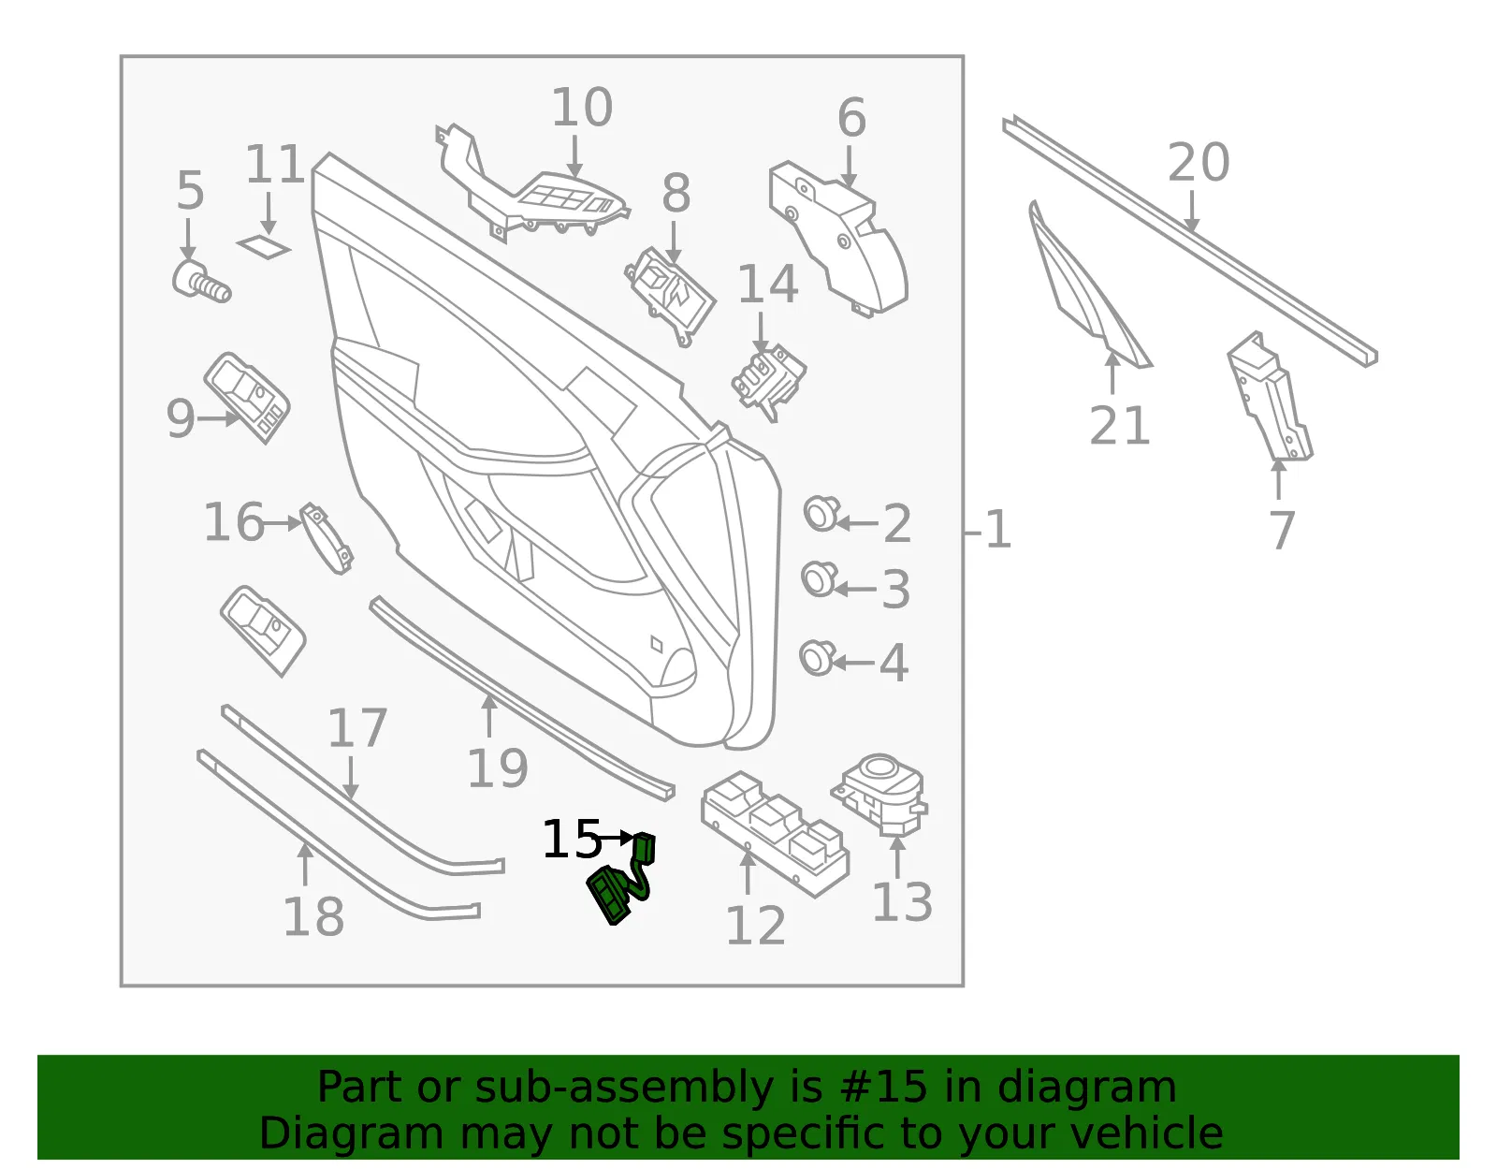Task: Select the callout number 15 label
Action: pos(572,840)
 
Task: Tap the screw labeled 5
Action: pos(201,282)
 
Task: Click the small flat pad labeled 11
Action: pos(264,246)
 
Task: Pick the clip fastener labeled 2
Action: pos(821,513)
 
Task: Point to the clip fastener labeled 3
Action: pos(819,578)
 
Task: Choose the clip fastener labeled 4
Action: pos(817,658)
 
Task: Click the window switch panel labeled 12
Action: pos(775,834)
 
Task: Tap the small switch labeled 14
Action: pos(768,381)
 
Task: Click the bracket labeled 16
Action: pos(327,538)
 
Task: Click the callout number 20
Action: pos(1198,163)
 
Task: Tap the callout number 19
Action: pos(498,767)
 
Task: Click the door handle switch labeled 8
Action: pos(670,295)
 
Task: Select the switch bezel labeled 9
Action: pos(247,398)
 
